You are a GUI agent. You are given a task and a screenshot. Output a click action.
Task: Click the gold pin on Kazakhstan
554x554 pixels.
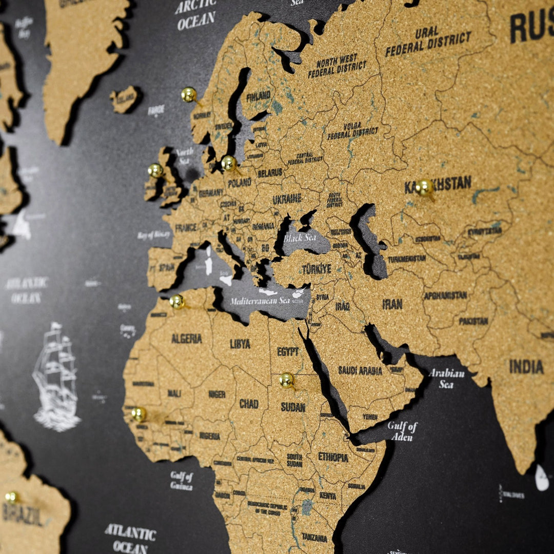424,187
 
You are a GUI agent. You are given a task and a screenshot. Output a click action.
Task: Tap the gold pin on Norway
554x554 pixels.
189,94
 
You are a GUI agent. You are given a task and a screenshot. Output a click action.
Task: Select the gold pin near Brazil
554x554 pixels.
11,497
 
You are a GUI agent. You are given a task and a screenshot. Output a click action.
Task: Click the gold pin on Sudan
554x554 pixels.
287,380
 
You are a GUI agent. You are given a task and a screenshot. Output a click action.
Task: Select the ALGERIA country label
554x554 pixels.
186,339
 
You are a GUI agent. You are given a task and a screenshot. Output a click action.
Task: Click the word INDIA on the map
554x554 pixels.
526,366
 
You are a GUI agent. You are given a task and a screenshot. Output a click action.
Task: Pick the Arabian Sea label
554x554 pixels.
446,378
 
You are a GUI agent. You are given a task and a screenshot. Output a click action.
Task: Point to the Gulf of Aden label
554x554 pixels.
403,431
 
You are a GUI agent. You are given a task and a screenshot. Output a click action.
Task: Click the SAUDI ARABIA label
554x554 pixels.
360,370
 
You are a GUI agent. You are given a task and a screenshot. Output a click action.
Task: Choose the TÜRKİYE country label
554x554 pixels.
316,269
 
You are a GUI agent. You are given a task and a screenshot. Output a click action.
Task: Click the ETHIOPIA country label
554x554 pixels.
333,457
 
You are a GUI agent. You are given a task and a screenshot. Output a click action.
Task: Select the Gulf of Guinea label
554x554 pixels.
182,481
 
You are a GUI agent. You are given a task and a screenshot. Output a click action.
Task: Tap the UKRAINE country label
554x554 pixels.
287,199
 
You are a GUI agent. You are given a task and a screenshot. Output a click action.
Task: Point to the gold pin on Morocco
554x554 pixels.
177,301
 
